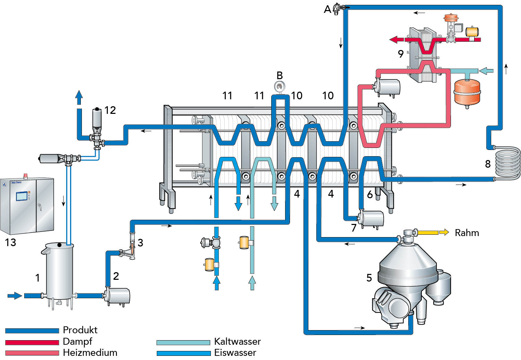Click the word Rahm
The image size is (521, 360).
point(467,233)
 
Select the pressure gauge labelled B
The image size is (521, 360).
point(280,86)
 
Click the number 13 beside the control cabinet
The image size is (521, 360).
point(10,242)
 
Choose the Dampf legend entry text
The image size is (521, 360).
point(77,342)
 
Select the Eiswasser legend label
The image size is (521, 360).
point(235,353)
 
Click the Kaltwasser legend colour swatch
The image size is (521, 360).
point(183,343)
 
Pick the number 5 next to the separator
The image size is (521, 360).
point(369,278)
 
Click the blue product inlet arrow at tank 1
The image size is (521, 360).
point(15,296)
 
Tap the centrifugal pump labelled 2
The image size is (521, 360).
point(118,296)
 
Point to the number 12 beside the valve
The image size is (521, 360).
point(110,110)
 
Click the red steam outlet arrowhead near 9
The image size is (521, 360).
point(393,40)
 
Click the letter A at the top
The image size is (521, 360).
point(327,9)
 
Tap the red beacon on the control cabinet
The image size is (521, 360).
point(25,175)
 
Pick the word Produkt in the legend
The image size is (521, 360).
point(80,330)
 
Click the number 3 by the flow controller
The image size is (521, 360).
point(140,243)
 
